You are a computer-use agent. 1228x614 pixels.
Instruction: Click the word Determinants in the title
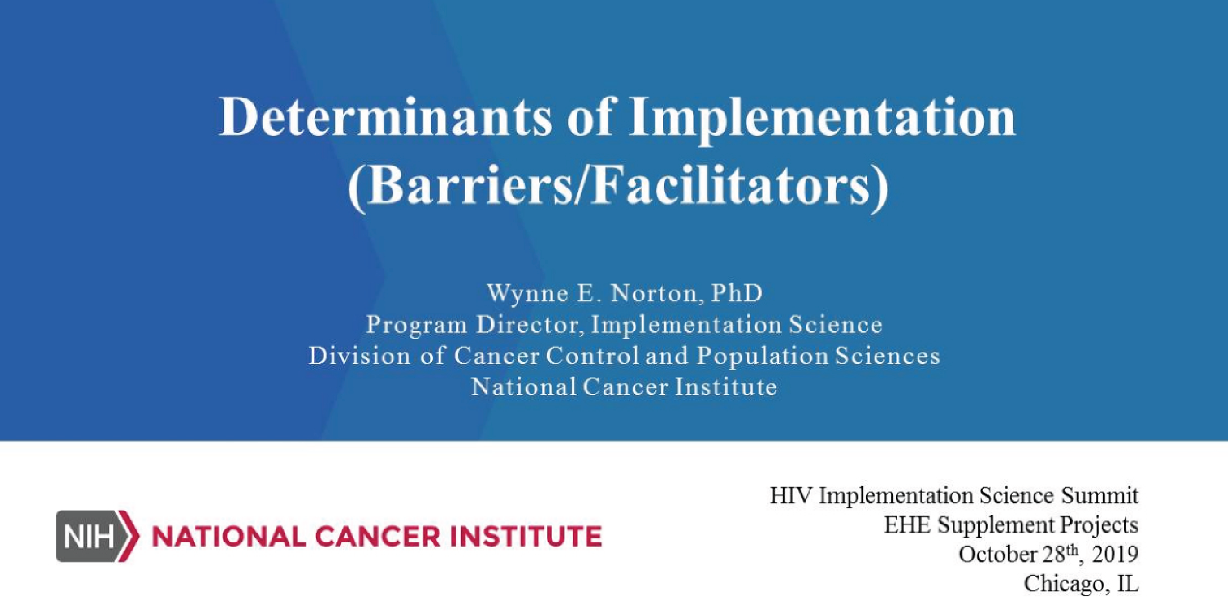(x=385, y=117)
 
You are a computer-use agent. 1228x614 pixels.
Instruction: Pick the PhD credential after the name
(x=737, y=293)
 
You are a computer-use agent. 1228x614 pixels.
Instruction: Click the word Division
(x=359, y=356)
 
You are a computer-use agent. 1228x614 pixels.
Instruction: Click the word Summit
(x=1100, y=495)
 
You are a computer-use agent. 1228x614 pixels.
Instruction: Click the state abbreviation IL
(x=1128, y=583)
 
